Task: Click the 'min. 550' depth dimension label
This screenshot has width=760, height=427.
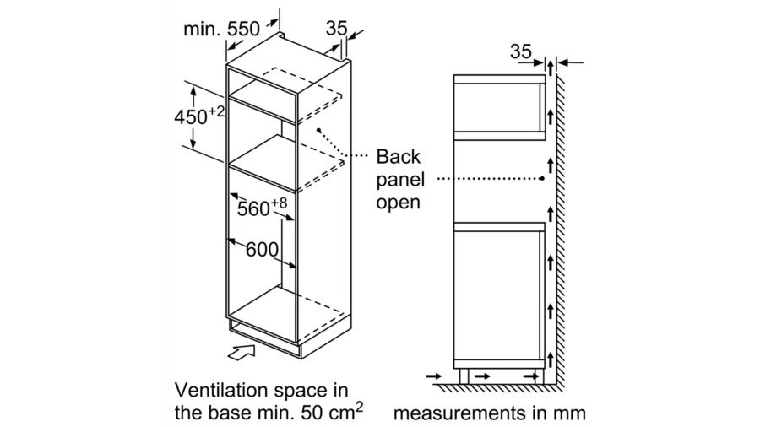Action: pos(221,29)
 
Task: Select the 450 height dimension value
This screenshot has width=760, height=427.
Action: pos(191,117)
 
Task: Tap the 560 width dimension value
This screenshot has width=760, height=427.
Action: pos(253,208)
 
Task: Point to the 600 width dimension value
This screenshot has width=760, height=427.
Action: pos(263,249)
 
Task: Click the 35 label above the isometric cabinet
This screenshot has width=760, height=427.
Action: pos(336,28)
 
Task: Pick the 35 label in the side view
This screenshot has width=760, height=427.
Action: pos(521,51)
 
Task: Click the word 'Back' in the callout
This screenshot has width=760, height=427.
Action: pos(399,157)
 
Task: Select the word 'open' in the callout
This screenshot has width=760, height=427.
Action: pos(398,203)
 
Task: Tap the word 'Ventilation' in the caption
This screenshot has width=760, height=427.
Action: pos(221,390)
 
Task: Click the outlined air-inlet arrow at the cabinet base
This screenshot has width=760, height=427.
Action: pos(242,352)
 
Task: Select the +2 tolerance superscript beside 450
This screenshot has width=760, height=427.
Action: pos(217,112)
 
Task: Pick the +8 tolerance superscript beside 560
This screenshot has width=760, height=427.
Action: pos(279,203)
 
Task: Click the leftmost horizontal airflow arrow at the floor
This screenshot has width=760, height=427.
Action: pos(433,376)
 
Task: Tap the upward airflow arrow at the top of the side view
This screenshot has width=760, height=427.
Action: pos(551,68)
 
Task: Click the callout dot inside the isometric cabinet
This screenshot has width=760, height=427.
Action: pos(319,130)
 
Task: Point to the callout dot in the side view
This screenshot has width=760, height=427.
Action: pos(542,179)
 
